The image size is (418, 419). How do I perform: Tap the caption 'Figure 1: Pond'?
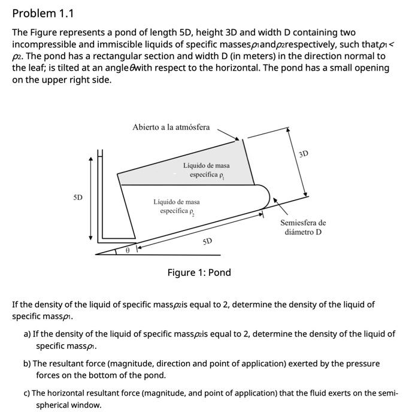tap(199, 272)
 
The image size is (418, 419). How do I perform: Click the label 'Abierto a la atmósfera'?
tap(171, 127)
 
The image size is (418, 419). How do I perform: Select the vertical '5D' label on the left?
tap(78, 197)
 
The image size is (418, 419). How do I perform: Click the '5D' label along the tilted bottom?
tap(207, 241)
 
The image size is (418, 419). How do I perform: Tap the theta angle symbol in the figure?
tap(127, 251)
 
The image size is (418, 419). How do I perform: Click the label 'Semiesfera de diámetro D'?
tap(303, 227)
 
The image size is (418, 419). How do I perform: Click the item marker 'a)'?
tap(27, 334)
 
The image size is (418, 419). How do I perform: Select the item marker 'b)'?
tap(27, 363)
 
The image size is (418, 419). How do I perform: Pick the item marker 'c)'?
tap(27, 393)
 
